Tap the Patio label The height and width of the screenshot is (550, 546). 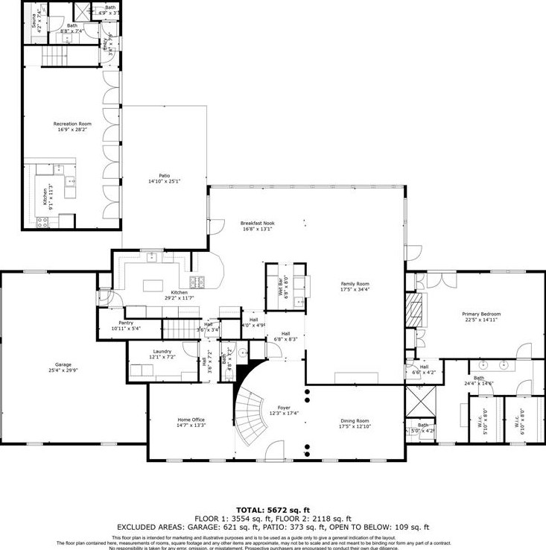164,175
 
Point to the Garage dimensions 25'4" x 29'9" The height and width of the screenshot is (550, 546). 66,370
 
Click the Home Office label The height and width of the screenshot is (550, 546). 191,420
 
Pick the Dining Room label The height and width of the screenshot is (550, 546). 355,421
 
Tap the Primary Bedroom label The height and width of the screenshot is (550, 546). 481,314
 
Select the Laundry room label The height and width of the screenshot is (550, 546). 162,351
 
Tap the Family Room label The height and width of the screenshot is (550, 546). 355,284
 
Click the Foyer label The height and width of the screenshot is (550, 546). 284,408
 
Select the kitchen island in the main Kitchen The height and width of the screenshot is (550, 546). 153,284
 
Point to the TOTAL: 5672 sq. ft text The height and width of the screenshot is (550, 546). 273,510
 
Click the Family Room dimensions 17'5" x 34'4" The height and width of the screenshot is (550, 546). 355,290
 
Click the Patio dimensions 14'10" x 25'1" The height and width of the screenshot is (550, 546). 164,181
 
